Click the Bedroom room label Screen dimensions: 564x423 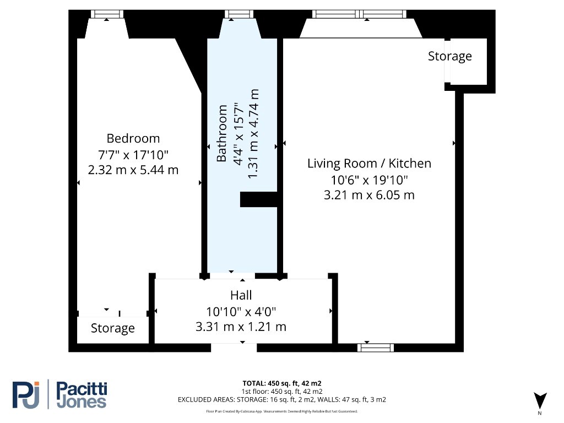tap(133, 138)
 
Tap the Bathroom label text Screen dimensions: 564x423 tap(221, 133)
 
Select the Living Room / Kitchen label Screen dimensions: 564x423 tap(369, 163)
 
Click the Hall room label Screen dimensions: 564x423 tap(241, 295)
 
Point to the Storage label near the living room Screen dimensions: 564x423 tap(449, 56)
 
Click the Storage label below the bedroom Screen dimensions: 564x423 tap(112, 328)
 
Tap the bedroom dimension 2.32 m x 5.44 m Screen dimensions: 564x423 tap(133, 170)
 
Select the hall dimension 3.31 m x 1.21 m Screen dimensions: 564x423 tap(241, 327)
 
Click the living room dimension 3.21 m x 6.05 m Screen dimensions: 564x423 tap(369, 195)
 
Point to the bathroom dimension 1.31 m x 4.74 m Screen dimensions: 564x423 tap(253, 133)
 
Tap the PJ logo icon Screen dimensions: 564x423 tap(26, 395)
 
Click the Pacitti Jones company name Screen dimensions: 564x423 tap(82, 395)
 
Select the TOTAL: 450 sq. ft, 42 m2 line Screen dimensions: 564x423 tap(282, 383)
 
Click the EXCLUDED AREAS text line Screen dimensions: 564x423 tap(282, 400)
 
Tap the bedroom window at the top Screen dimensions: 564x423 tap(107, 14)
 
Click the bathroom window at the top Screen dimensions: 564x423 tap(239, 14)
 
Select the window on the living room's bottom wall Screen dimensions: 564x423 tap(376, 348)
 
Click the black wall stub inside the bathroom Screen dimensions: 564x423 tap(259, 199)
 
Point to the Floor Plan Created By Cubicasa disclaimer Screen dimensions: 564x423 tap(282, 411)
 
